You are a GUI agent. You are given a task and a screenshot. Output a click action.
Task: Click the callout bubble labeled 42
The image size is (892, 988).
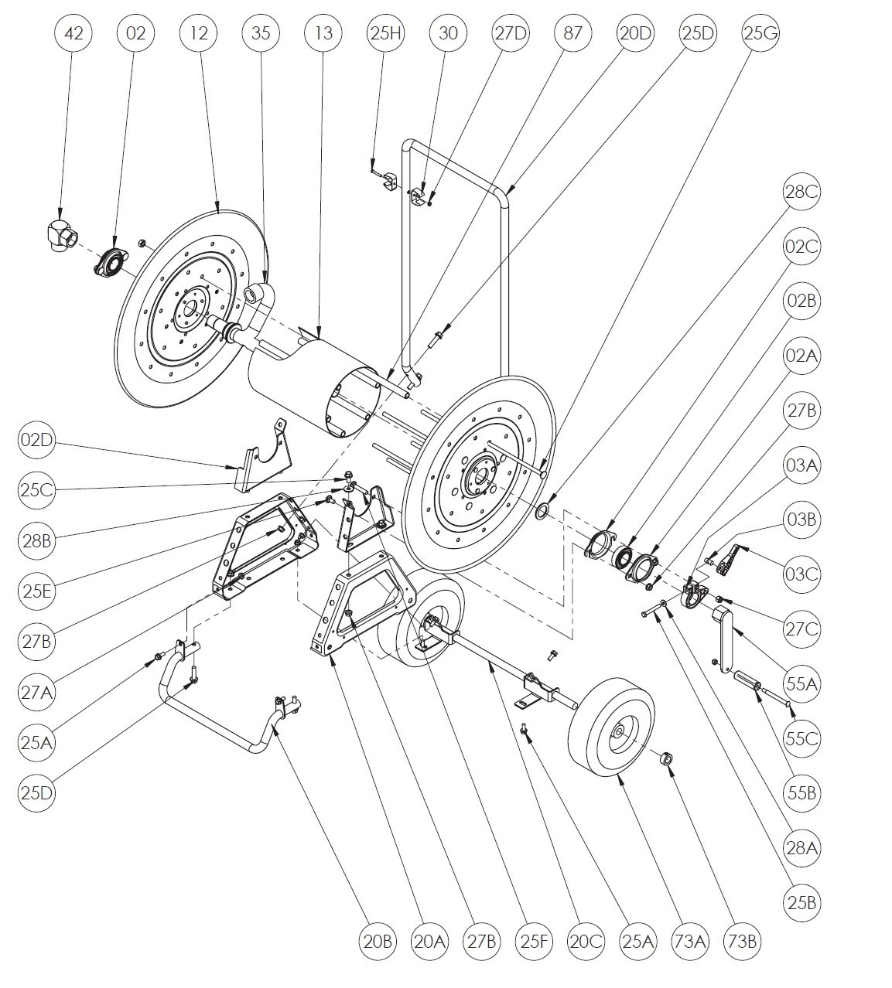(73, 33)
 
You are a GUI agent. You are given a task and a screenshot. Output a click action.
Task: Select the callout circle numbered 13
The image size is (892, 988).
(323, 33)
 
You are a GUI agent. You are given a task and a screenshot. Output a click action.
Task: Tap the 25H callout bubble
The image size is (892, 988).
(386, 33)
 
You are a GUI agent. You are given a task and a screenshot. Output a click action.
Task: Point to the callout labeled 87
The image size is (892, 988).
(573, 33)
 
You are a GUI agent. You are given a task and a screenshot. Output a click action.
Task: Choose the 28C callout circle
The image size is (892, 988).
(801, 192)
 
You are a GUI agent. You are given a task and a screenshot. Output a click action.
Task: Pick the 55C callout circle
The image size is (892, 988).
(801, 738)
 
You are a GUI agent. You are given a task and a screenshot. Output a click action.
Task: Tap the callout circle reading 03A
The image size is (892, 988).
(801, 465)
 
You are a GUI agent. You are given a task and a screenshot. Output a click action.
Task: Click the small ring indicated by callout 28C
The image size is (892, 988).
(544, 511)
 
